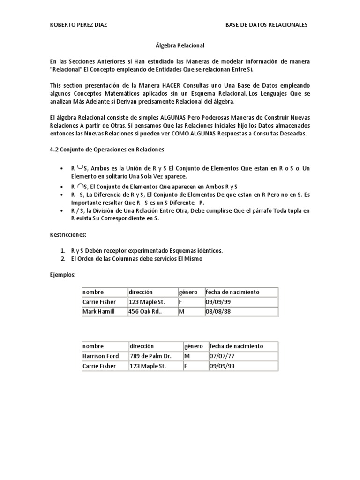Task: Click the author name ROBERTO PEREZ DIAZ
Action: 79,25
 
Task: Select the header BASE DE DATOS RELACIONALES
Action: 267,25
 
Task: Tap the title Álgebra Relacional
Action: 180,45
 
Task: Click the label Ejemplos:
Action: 63,275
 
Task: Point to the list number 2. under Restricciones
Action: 63,258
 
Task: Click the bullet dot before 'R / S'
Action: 62,211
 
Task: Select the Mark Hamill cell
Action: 98,311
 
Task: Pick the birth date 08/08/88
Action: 218,311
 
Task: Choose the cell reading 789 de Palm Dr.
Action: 150,356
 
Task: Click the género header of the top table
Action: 189,292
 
